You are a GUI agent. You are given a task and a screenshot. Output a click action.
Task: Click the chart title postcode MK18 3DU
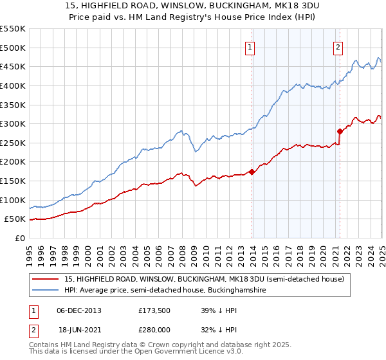coord(289,5)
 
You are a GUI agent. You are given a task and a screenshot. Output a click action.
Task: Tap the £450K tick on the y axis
coord(13,66)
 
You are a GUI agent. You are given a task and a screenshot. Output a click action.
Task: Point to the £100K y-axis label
coord(13,200)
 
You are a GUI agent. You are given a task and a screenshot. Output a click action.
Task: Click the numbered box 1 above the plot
coord(250,46)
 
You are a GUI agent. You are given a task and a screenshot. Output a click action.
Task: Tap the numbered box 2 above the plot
coord(338,46)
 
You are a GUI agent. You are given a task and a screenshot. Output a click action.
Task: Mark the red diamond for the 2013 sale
coord(252,172)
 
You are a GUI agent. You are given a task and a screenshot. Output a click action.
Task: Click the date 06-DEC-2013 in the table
coord(79,310)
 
